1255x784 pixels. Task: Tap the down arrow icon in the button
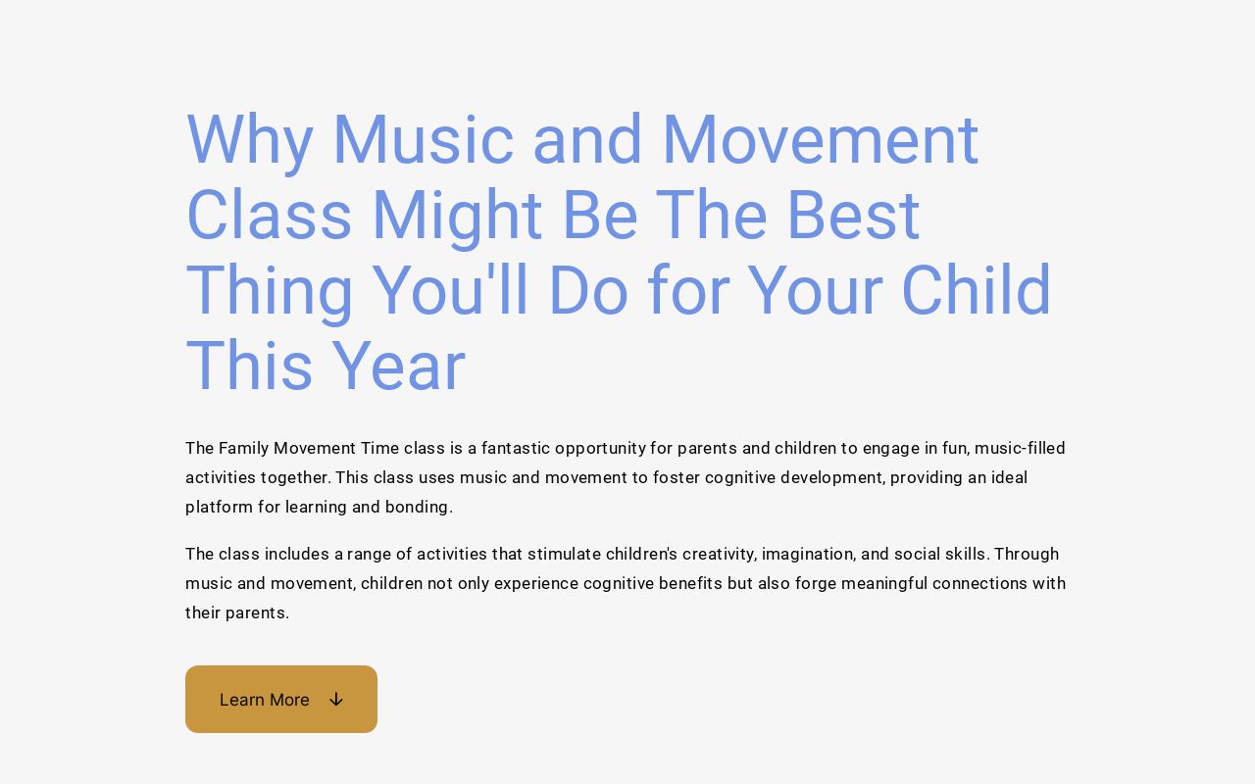point(336,700)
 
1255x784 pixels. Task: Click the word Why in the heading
point(249,140)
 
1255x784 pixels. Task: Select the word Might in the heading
point(456,216)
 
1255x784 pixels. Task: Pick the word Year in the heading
point(398,367)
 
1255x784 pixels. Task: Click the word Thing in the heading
point(269,291)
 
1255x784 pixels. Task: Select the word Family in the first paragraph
point(243,448)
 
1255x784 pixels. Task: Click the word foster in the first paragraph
point(676,477)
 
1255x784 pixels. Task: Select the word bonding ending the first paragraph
point(422,507)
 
